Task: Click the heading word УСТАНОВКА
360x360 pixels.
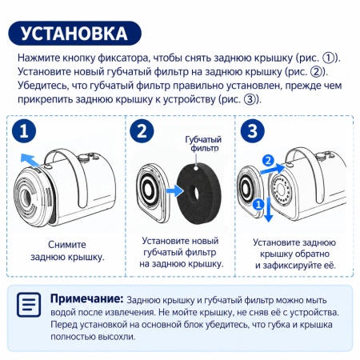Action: [x=74, y=34]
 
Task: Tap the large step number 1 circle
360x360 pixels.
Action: [x=24, y=131]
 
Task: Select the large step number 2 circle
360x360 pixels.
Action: [x=142, y=131]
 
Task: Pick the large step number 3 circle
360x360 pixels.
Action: [x=252, y=131]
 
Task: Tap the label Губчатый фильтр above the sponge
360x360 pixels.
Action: [x=203, y=143]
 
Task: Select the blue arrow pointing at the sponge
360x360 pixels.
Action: [x=174, y=191]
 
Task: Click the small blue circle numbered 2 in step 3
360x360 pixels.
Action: [x=268, y=161]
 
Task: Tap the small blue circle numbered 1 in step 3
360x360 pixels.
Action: [x=258, y=205]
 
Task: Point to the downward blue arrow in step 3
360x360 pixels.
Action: [x=268, y=210]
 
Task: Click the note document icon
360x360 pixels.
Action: [x=29, y=305]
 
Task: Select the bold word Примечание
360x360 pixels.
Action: [x=87, y=298]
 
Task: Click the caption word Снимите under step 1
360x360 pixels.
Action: [x=67, y=245]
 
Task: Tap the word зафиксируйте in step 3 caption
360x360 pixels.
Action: [x=297, y=266]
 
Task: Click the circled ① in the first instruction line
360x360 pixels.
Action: [x=329, y=58]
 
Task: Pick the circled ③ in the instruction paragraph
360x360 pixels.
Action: [x=250, y=99]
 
